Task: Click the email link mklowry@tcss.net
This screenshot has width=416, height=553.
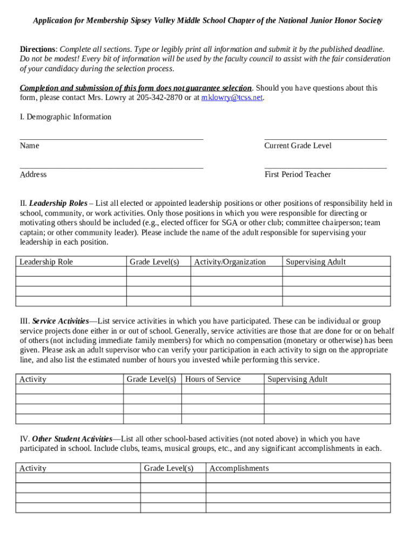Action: click(232, 98)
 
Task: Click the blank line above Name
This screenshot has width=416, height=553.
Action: click(111, 139)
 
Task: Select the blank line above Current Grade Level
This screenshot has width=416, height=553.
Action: click(325, 139)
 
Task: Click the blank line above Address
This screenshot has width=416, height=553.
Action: click(111, 167)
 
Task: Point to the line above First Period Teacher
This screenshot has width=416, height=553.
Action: click(325, 167)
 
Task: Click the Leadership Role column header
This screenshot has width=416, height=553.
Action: click(46, 262)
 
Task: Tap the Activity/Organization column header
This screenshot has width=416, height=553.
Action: click(230, 262)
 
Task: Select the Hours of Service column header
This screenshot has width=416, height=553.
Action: click(213, 379)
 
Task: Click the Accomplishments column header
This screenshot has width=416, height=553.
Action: click(239, 468)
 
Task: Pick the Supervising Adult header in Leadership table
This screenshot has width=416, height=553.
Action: click(316, 262)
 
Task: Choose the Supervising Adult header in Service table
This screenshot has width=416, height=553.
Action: click(297, 379)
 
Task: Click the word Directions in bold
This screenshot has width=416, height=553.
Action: click(38, 49)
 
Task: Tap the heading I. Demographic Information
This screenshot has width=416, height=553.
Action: click(65, 117)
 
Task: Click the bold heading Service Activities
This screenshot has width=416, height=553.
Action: click(61, 321)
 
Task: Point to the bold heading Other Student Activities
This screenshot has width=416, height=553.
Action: click(72, 439)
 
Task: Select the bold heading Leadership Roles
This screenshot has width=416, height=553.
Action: click(58, 204)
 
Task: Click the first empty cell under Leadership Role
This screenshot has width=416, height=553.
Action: click(71, 272)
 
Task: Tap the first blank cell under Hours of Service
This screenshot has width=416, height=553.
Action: click(223, 389)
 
